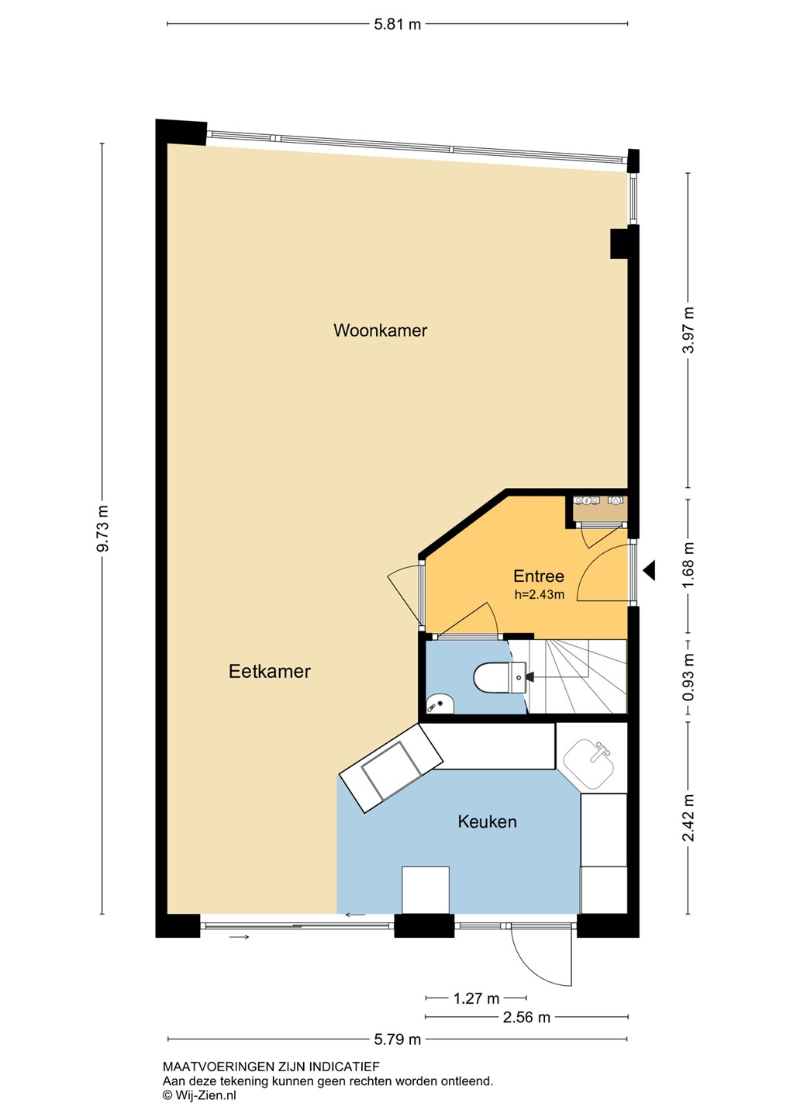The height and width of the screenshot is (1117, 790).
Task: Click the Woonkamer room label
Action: pos(381,330)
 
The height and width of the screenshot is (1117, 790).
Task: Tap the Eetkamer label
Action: pos(270,671)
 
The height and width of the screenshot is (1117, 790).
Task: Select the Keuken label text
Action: pos(487,821)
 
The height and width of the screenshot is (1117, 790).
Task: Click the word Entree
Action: pos(539,576)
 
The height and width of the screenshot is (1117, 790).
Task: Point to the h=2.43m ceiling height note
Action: pos(540,594)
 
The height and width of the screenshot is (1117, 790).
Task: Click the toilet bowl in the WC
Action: pos(499,678)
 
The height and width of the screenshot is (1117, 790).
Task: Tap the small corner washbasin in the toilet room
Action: pos(440,704)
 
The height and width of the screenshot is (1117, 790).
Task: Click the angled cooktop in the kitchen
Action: pos(391,769)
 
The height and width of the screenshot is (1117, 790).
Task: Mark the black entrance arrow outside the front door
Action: pos(648,570)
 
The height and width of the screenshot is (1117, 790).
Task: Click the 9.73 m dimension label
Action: pos(102,528)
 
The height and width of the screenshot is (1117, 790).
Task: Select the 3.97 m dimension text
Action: pos(688,330)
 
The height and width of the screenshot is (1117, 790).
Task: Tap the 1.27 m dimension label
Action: pos(476,998)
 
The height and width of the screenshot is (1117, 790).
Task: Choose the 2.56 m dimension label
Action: pos(526,1017)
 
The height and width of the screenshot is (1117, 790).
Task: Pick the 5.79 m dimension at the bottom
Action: pos(397,1039)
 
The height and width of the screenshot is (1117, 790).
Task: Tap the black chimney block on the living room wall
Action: pos(619,244)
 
